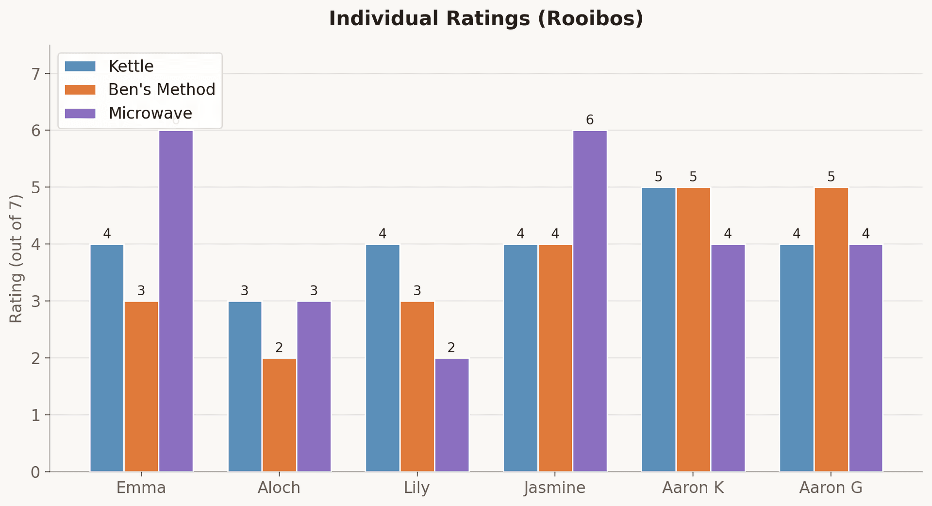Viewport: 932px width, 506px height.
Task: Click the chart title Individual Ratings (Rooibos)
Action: [486, 19]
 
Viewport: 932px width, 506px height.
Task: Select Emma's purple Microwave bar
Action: [176, 301]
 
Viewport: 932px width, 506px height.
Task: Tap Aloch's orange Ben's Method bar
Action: [279, 415]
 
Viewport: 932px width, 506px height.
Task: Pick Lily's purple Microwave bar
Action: [452, 415]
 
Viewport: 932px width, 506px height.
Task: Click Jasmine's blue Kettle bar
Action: [520, 358]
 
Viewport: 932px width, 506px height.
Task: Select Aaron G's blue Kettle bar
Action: [797, 358]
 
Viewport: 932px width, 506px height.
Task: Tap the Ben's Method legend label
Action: [162, 89]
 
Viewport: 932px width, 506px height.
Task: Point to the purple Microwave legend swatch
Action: [80, 113]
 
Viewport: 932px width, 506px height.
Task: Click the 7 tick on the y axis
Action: [35, 74]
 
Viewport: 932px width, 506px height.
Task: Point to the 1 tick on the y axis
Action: [35, 415]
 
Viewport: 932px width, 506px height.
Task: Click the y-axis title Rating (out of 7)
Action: [16, 258]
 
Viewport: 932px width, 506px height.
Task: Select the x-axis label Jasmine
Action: [555, 488]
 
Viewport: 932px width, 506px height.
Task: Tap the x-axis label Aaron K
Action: [693, 488]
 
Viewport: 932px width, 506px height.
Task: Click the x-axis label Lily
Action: [417, 488]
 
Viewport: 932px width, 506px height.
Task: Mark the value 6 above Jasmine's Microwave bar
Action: [590, 120]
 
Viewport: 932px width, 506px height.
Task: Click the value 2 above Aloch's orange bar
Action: [279, 348]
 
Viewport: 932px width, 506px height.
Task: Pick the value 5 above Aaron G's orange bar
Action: [831, 177]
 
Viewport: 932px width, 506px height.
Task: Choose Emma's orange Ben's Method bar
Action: [141, 387]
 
